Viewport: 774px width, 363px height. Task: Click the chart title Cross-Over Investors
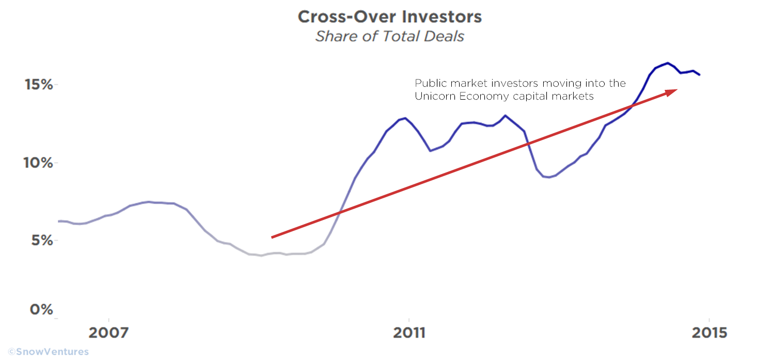click(x=390, y=17)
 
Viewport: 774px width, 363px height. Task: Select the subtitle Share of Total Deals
click(x=390, y=36)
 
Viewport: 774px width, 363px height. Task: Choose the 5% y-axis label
click(x=41, y=241)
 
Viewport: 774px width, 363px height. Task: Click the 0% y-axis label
click(x=41, y=310)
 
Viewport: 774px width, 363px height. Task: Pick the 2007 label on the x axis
click(x=108, y=333)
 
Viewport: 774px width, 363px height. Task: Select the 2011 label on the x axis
click(x=409, y=333)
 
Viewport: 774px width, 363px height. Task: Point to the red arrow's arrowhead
click(x=672, y=91)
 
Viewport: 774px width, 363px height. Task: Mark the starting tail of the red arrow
click(x=273, y=237)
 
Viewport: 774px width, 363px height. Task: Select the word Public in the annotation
click(x=429, y=83)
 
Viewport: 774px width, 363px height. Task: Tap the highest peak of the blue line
click(x=667, y=63)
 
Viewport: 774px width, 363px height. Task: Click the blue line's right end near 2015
click(x=700, y=75)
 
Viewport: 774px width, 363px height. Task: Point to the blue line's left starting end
click(x=59, y=221)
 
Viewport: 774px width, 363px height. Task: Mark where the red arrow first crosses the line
click(x=340, y=212)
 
